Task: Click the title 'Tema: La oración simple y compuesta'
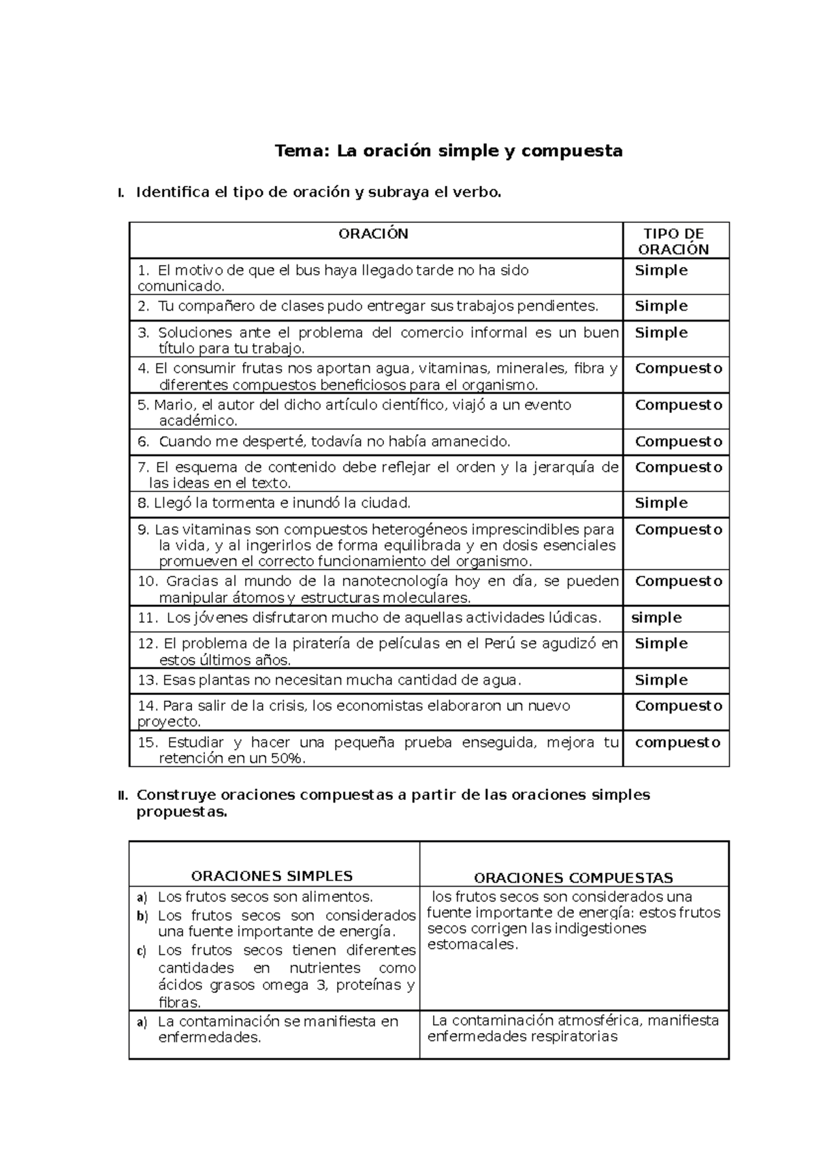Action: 448,151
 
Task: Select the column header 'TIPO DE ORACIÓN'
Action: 673,241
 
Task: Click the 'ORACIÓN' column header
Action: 373,234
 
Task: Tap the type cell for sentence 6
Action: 678,442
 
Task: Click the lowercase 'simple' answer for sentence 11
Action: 656,618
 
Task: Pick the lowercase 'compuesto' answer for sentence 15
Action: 677,743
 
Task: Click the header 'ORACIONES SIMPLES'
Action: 272,876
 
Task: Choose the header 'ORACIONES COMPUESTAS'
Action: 573,878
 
